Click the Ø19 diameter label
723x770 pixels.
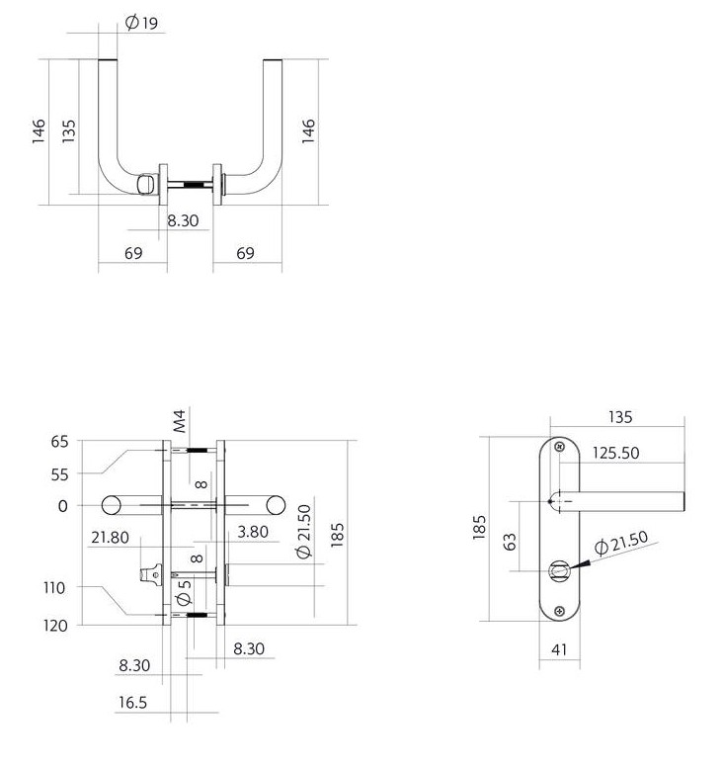pyautogui.click(x=141, y=23)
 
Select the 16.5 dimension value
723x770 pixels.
pyautogui.click(x=132, y=702)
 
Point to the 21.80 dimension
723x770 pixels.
pyautogui.click(x=110, y=538)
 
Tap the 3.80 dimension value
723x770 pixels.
pyautogui.click(x=253, y=532)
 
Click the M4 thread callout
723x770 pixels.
pyautogui.click(x=180, y=421)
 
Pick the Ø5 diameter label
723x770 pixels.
pyautogui.click(x=184, y=592)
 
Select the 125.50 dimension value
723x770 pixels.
pyautogui.click(x=615, y=453)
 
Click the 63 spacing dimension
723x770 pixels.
pyautogui.click(x=510, y=541)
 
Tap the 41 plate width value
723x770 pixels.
pyautogui.click(x=559, y=649)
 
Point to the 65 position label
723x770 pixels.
pyautogui.click(x=59, y=442)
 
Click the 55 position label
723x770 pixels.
pyautogui.click(x=59, y=474)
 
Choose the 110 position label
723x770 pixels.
pyautogui.click(x=54, y=587)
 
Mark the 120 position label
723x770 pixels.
pyautogui.click(x=55, y=626)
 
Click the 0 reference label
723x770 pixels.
pyautogui.click(x=63, y=506)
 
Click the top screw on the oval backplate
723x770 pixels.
pyautogui.click(x=560, y=447)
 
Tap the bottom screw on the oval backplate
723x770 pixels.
pyautogui.click(x=560, y=612)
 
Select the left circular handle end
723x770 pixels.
pyautogui.click(x=111, y=505)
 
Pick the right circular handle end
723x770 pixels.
pyautogui.click(x=276, y=505)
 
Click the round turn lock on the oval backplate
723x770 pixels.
pyautogui.click(x=559, y=570)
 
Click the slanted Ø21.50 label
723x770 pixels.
pyautogui.click(x=621, y=543)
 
